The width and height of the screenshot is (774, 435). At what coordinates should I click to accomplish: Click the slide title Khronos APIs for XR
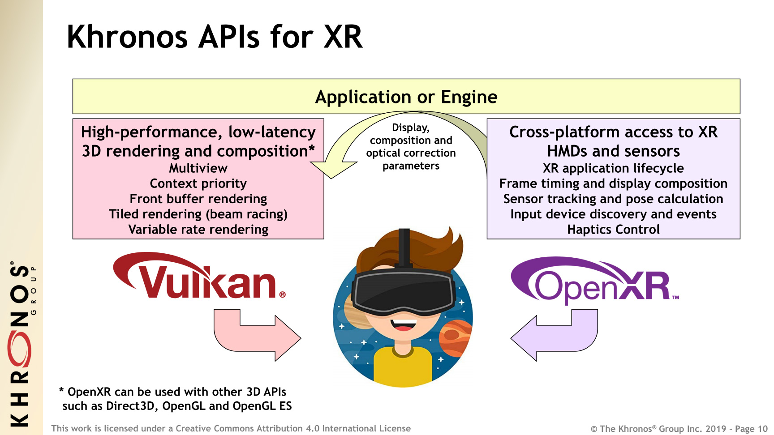click(x=215, y=37)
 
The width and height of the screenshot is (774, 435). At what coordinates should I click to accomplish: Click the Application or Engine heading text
click(x=406, y=97)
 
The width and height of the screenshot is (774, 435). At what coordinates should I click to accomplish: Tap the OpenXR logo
click(x=595, y=280)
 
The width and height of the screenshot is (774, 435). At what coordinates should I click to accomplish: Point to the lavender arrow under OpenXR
click(x=555, y=335)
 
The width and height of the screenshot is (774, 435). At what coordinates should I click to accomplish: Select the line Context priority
click(x=198, y=183)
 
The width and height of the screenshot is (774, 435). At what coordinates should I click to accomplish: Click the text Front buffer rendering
click(x=198, y=199)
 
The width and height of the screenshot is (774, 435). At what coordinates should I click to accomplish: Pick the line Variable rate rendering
click(x=198, y=230)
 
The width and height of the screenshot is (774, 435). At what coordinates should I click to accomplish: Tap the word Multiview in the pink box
click(x=198, y=168)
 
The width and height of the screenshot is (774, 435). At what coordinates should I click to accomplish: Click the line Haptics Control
click(x=613, y=230)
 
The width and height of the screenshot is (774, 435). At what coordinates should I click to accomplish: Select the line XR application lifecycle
click(x=613, y=168)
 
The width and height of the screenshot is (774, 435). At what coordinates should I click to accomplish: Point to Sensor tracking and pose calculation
click(x=613, y=199)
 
